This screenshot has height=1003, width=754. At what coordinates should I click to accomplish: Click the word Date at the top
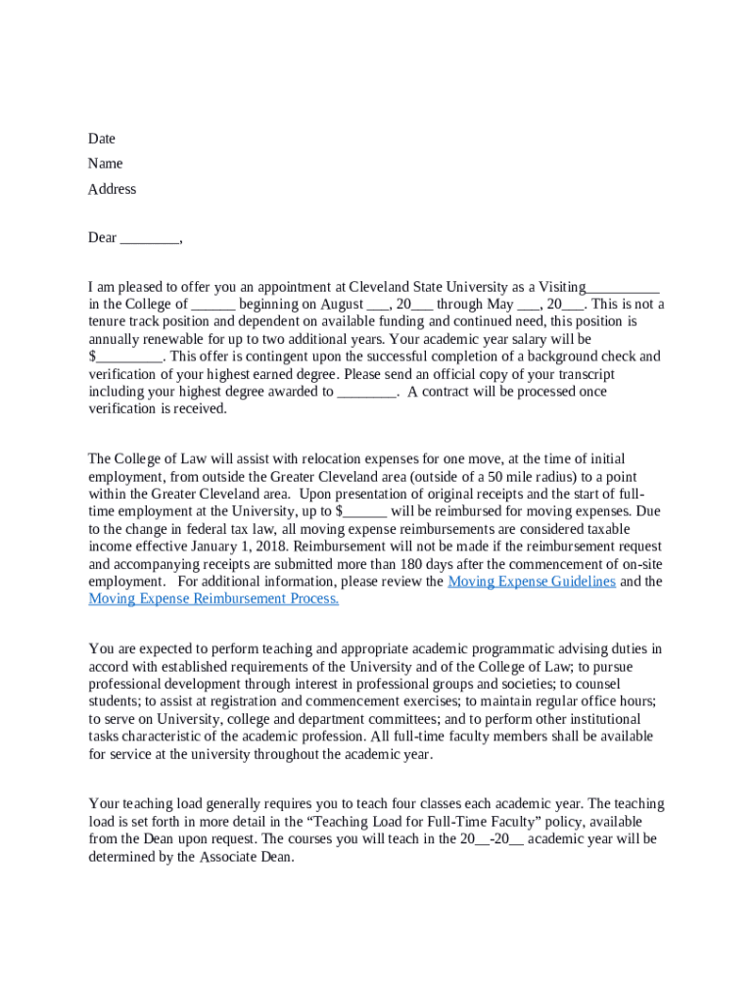point(101,139)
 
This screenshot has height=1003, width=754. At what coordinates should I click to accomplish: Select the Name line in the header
point(105,164)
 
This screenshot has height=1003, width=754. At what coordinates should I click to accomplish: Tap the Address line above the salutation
point(112,189)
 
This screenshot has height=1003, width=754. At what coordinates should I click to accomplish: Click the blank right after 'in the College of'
point(213,305)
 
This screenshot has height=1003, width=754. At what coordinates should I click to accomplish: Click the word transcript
point(586,374)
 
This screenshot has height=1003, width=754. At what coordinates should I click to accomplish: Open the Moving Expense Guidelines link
point(531,582)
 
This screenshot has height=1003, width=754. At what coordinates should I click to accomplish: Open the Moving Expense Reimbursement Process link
point(213,599)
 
